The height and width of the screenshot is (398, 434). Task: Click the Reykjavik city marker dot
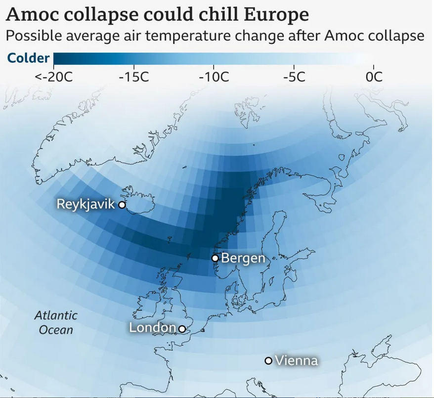122,205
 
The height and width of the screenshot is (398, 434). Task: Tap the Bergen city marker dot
215,258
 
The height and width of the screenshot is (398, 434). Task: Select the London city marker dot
182,329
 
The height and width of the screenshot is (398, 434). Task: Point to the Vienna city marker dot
268,361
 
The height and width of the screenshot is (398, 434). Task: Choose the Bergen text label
243,258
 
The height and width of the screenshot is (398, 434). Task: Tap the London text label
152,328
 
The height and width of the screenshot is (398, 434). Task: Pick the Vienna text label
296,361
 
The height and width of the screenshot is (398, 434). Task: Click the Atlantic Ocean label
55,322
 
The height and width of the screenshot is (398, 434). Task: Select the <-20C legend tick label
54,78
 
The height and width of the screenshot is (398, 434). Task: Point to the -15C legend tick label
134,78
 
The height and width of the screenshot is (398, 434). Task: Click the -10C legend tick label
214,78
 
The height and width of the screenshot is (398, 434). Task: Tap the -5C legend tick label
294,78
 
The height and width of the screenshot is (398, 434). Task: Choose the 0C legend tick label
374,78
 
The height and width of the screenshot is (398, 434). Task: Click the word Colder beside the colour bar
28,58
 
